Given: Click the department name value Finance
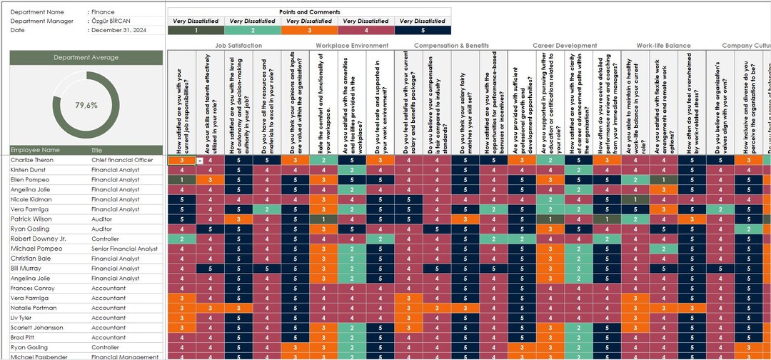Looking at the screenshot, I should [x=104, y=12].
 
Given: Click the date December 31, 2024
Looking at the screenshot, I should [x=120, y=30].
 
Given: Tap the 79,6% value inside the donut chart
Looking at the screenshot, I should [x=86, y=105].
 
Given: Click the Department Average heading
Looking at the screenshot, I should [x=86, y=57].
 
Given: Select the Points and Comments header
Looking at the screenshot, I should [x=309, y=12].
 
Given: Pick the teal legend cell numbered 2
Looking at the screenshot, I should [x=253, y=30].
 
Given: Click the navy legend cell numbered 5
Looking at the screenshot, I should [x=423, y=30].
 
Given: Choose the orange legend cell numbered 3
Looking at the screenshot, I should [x=309, y=30].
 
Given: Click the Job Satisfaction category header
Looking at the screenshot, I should [x=238, y=46].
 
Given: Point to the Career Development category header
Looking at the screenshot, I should [x=565, y=46].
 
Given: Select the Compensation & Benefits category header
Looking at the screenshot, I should [x=451, y=46].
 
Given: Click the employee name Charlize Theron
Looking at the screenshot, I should [x=32, y=160].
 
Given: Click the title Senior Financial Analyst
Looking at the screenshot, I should [x=124, y=249].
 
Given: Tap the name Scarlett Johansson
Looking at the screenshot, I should [x=37, y=328].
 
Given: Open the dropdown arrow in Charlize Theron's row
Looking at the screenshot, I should [x=200, y=161].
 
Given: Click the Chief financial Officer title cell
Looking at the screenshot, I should [x=122, y=160].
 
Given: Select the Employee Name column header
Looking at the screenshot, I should [x=35, y=150].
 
